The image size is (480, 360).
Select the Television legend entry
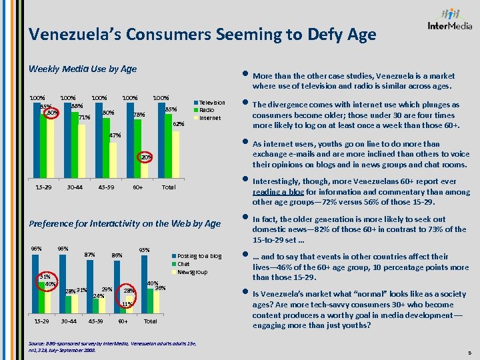coord(211,103)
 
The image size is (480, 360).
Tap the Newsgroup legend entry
coord(192,272)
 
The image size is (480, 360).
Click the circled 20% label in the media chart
coord(145,157)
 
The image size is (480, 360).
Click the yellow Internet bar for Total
coord(175,154)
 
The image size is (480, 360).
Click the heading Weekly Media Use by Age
coord(82,69)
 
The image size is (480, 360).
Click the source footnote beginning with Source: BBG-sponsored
coord(107,345)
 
